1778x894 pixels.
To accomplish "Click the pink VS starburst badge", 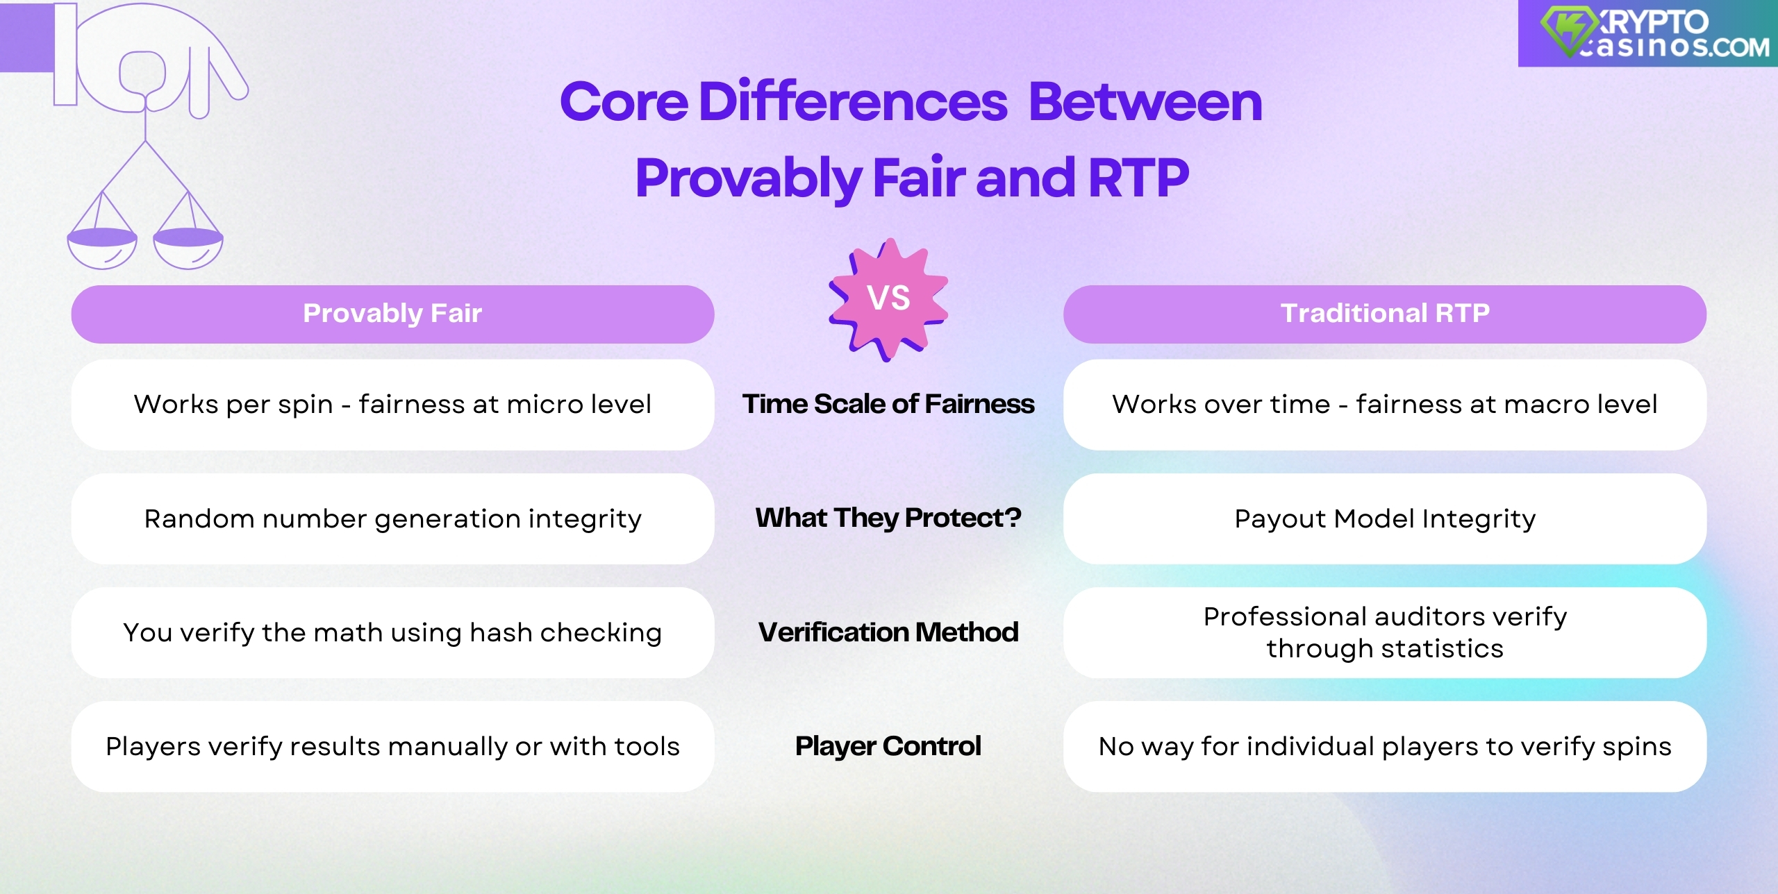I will (888, 298).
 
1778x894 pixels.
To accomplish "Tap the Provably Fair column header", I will (392, 314).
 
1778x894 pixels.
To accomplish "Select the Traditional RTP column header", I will (1384, 314).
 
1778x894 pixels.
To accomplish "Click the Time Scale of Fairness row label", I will (888, 404).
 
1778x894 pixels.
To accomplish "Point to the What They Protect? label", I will (888, 518).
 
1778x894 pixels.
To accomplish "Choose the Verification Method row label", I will (888, 632).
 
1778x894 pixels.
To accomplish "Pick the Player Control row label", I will (888, 746).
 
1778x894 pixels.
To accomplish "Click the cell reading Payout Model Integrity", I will (1384, 518).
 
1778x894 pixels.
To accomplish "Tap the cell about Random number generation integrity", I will (392, 518).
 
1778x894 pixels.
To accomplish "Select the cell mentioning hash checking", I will (392, 632).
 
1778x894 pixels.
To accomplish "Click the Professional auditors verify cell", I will (1384, 632).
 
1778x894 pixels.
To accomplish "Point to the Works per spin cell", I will (392, 404).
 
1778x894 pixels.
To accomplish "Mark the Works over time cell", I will (1384, 404).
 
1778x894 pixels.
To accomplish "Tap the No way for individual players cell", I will (1384, 746).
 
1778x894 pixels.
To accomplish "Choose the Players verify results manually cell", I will (392, 746).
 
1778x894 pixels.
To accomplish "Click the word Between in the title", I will (1145, 102).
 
